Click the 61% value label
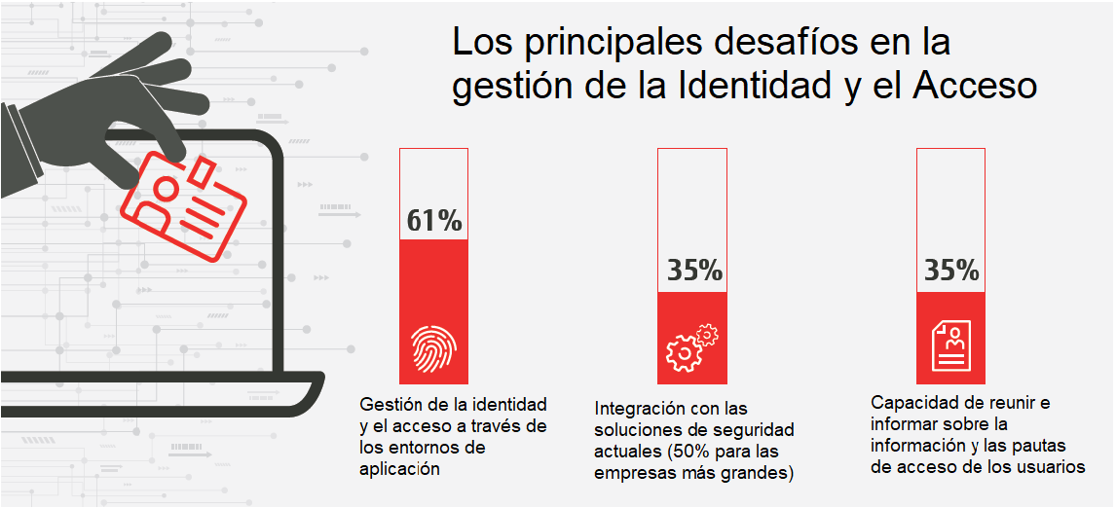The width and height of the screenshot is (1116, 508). point(434,221)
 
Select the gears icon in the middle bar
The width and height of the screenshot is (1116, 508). point(691,348)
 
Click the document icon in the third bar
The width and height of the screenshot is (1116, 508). point(951,345)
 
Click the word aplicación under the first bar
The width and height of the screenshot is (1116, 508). point(399,468)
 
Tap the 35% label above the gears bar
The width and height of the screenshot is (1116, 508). point(693,271)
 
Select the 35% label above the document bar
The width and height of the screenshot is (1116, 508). point(951,271)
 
